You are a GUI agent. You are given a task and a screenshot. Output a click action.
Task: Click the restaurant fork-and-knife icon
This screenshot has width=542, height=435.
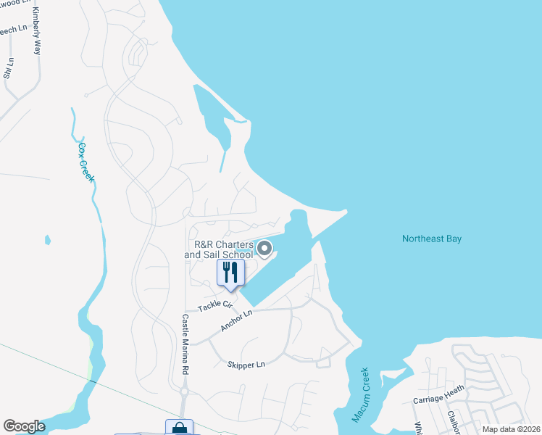230,273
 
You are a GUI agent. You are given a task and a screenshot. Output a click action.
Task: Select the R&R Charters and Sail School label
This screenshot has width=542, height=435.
218,249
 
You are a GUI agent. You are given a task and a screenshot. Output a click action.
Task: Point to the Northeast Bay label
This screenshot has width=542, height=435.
431,239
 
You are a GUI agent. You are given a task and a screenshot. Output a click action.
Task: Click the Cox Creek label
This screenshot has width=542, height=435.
86,162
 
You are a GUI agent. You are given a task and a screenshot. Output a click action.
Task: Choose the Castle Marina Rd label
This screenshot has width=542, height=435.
185,344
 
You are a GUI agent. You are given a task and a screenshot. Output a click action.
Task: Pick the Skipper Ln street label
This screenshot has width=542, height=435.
246,365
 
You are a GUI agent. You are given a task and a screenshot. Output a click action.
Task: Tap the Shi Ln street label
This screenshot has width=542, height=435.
9,68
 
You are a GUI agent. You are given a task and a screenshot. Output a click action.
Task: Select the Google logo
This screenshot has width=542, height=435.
24,426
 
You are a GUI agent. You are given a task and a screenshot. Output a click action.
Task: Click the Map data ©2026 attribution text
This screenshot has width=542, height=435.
509,429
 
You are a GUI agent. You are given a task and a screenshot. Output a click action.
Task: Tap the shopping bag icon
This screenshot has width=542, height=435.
179,428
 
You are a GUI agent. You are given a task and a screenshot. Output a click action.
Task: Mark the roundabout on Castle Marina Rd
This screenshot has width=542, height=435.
185,392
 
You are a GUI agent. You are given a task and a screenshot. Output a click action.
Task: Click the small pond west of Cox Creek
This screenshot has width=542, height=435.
48,239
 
